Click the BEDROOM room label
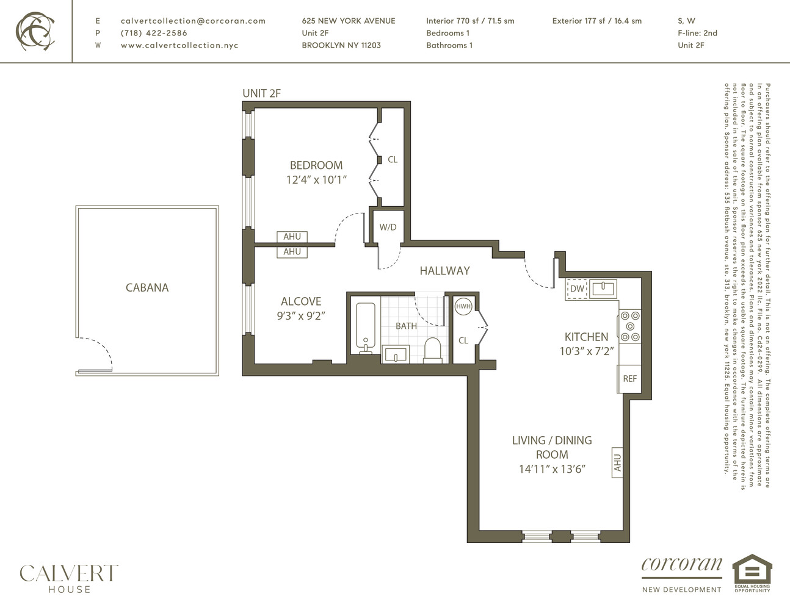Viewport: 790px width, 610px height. [x=316, y=165]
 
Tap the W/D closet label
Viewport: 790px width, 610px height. [x=388, y=228]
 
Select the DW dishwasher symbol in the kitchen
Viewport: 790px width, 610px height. [x=577, y=289]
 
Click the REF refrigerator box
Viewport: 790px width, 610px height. [x=629, y=378]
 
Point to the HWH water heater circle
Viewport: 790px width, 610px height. [x=463, y=306]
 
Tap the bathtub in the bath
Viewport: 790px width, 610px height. [x=366, y=327]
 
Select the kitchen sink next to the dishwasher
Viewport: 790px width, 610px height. [x=604, y=287]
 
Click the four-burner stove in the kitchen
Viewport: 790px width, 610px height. [x=630, y=326]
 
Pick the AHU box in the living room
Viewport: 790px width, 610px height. [x=617, y=462]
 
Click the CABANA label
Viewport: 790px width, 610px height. [x=147, y=287]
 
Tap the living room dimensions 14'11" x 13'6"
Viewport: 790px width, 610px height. [x=552, y=469]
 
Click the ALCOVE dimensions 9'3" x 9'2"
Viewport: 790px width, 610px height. [x=301, y=316]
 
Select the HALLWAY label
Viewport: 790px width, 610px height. [x=444, y=271]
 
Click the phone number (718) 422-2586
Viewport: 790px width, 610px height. [x=154, y=33]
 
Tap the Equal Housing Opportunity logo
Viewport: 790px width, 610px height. [x=752, y=573]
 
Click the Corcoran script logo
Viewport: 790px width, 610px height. [x=681, y=565]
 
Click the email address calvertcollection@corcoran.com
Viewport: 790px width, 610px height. [x=193, y=21]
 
